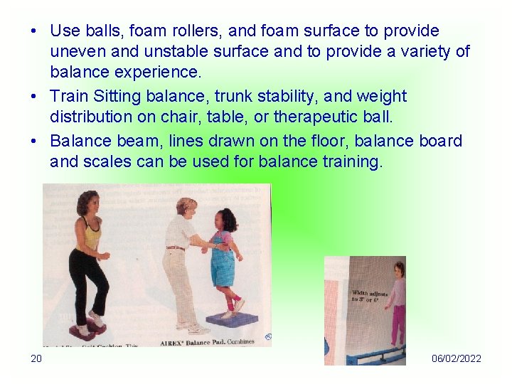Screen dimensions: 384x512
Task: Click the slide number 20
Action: coord(36,358)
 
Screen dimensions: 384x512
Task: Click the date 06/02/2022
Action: coord(456,358)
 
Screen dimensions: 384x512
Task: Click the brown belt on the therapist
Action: coord(175,248)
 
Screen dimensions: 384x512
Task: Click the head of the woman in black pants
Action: coord(89,203)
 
